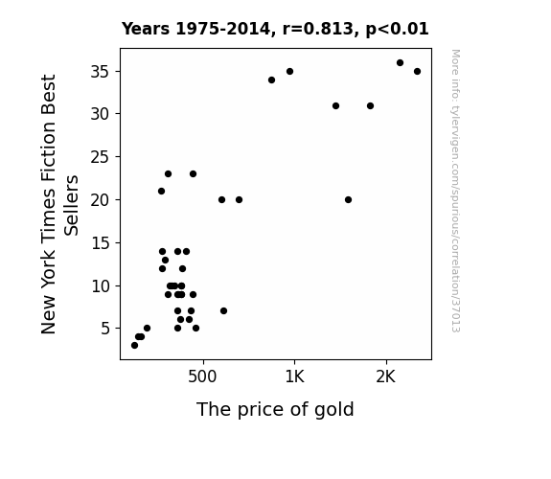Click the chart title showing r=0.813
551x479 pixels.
click(x=275, y=29)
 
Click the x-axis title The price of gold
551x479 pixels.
click(x=275, y=410)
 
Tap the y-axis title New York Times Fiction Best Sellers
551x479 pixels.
click(x=59, y=204)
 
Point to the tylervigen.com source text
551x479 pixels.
click(x=455, y=191)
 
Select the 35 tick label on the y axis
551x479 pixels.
click(x=101, y=72)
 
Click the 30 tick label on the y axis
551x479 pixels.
click(x=101, y=114)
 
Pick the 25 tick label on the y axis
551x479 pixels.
click(x=101, y=157)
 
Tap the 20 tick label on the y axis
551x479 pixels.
click(x=101, y=200)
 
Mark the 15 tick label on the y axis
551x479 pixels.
click(x=101, y=243)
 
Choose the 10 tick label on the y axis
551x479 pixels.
click(x=101, y=286)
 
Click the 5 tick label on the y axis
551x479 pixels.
click(x=105, y=329)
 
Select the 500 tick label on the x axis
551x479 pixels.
click(x=202, y=376)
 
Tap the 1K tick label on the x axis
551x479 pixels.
click(x=294, y=376)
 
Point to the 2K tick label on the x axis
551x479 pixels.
click(x=386, y=376)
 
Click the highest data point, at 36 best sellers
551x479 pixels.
click(x=400, y=63)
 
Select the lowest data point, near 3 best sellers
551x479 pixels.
click(x=134, y=346)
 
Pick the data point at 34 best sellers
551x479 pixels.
click(x=271, y=80)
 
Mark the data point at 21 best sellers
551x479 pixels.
click(x=161, y=192)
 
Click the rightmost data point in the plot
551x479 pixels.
click(x=417, y=71)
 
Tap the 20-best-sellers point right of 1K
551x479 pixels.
click(x=348, y=199)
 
